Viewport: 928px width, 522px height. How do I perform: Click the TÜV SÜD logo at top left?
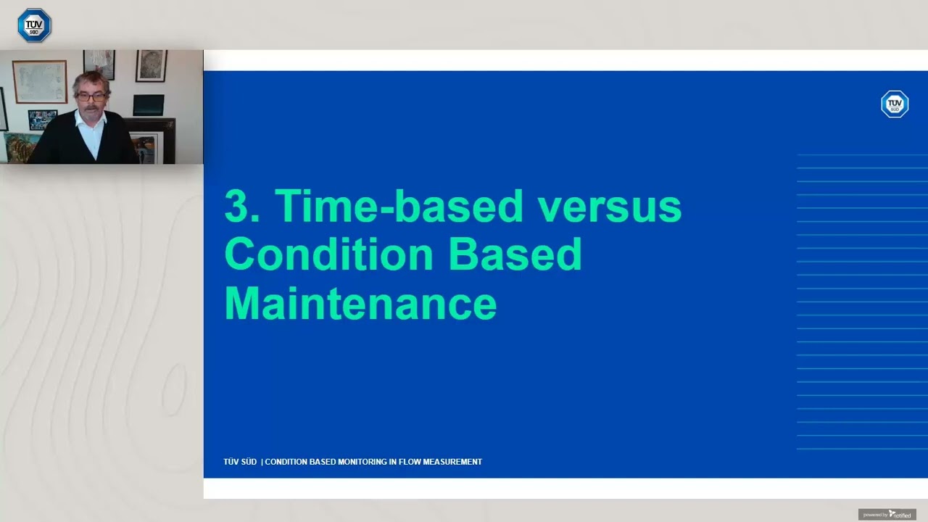34,25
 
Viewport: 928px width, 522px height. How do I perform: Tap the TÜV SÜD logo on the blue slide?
894,104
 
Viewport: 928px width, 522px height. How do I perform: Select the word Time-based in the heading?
399,206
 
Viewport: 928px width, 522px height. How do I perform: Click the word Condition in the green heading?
327,254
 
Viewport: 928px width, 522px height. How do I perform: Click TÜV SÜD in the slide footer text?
240,462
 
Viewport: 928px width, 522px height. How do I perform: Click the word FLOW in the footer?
407,462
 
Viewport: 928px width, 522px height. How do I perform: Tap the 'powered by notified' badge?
887,515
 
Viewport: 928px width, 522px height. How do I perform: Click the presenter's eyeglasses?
91,96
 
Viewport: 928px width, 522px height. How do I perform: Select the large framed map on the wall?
39,81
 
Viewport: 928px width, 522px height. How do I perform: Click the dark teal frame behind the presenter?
148,106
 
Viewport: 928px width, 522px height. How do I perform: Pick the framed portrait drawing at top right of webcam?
151,65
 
